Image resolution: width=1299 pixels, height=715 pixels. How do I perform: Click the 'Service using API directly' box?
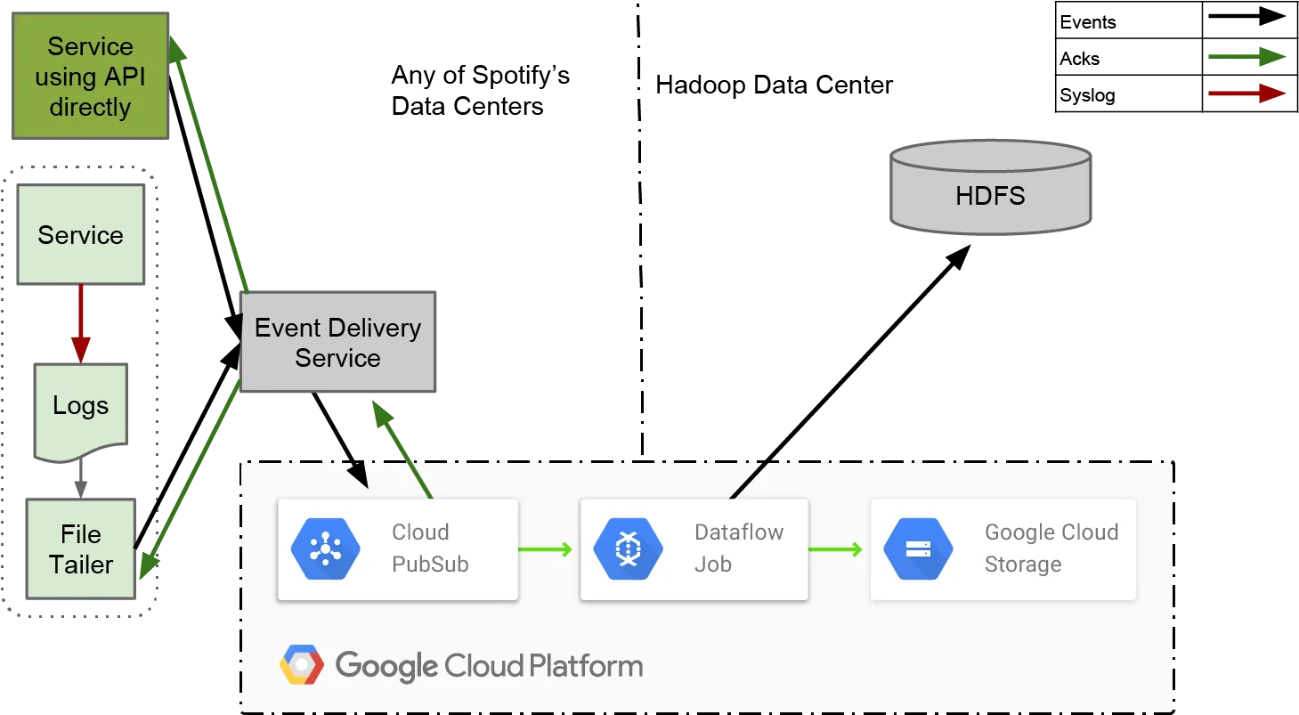tap(91, 76)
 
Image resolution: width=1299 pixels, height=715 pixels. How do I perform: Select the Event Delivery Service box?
tap(338, 342)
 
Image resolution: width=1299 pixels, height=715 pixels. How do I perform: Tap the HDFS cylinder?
tap(990, 187)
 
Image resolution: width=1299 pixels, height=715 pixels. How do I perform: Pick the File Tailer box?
tap(81, 548)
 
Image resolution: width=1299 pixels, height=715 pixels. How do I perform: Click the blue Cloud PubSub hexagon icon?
tap(325, 548)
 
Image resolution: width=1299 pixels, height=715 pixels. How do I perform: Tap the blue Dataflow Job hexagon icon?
tap(628, 548)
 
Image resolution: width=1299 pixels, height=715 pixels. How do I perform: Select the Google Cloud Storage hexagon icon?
tap(919, 548)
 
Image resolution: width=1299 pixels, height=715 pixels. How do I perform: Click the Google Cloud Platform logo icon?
tap(302, 664)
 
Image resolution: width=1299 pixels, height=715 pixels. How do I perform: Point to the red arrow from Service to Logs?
tap(81, 323)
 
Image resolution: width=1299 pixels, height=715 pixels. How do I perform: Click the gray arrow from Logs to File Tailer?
tap(81, 478)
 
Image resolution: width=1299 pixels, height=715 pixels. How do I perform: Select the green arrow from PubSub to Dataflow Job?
tap(546, 549)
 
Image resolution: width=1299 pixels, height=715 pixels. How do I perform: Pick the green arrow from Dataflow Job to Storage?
tap(836, 549)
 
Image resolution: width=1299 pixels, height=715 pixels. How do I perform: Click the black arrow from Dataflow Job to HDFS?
tap(850, 371)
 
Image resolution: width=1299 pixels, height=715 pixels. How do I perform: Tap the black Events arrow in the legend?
tap(1246, 16)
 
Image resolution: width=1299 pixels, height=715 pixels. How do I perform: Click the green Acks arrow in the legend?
tap(1246, 56)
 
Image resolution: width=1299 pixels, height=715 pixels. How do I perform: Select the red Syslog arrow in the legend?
tap(1246, 93)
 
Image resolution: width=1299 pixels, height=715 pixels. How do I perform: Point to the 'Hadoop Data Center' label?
tap(774, 85)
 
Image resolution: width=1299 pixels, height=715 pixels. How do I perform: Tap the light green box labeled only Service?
tap(81, 234)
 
